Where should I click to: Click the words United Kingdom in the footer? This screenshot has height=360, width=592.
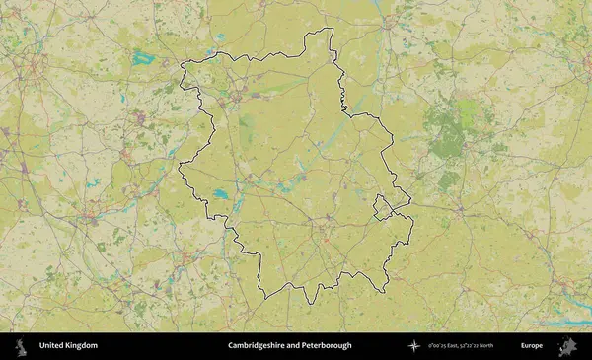(68, 346)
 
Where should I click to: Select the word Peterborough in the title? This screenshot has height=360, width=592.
(327, 346)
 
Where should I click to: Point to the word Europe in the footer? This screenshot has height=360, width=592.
(532, 346)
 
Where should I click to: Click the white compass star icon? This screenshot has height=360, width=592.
(415, 346)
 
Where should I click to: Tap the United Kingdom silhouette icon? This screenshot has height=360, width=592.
(20, 346)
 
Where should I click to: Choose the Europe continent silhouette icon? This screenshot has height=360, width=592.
(567, 346)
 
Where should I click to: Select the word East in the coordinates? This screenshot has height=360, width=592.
(450, 346)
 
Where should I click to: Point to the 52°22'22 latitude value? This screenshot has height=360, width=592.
(468, 346)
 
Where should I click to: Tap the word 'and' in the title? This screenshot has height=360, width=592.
(293, 346)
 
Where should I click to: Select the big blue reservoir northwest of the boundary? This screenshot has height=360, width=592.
(146, 57)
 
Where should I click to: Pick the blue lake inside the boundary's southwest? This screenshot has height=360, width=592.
(220, 193)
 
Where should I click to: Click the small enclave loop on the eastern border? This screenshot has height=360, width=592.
(381, 206)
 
